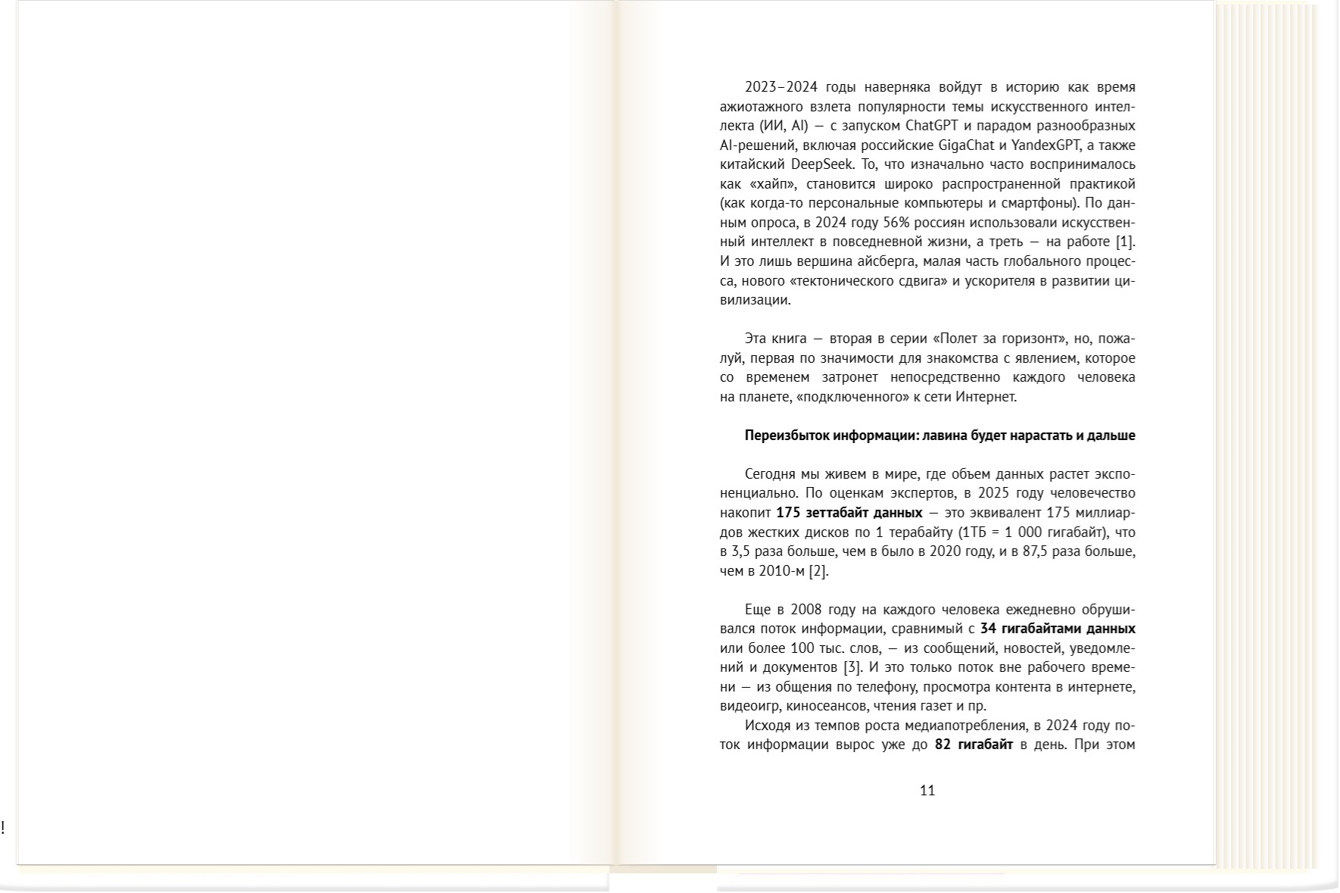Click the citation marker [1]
1126,242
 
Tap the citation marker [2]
818,571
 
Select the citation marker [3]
852,668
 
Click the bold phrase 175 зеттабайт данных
849,513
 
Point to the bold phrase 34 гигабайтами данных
1057,629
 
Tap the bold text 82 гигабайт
974,745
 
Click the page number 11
927,791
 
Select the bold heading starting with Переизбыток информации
940,436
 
